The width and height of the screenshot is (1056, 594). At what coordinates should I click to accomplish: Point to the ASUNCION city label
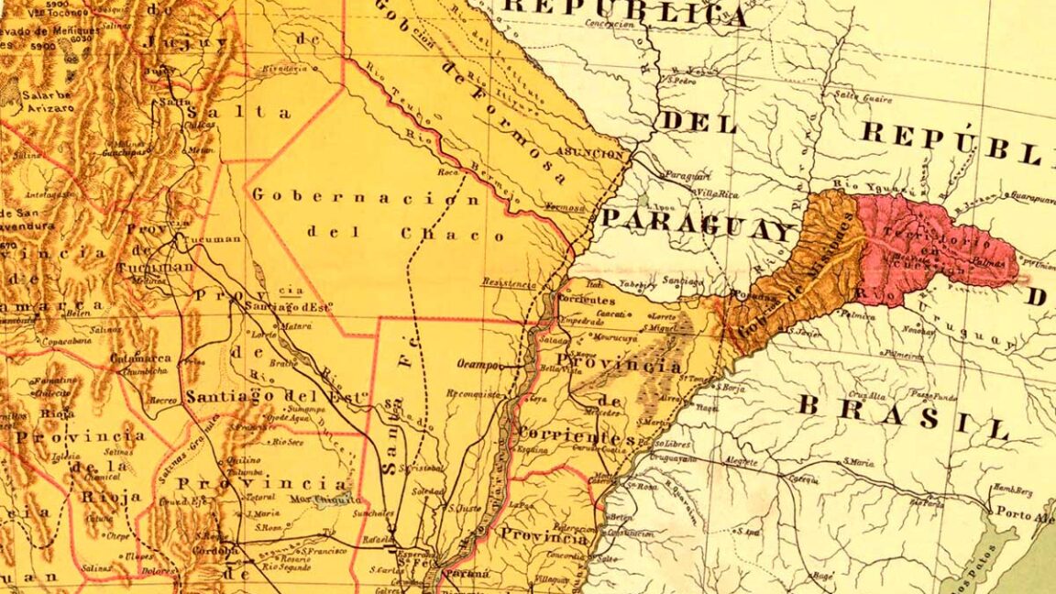[x=595, y=154]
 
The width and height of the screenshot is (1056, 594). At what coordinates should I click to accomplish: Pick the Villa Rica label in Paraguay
[x=717, y=193]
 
